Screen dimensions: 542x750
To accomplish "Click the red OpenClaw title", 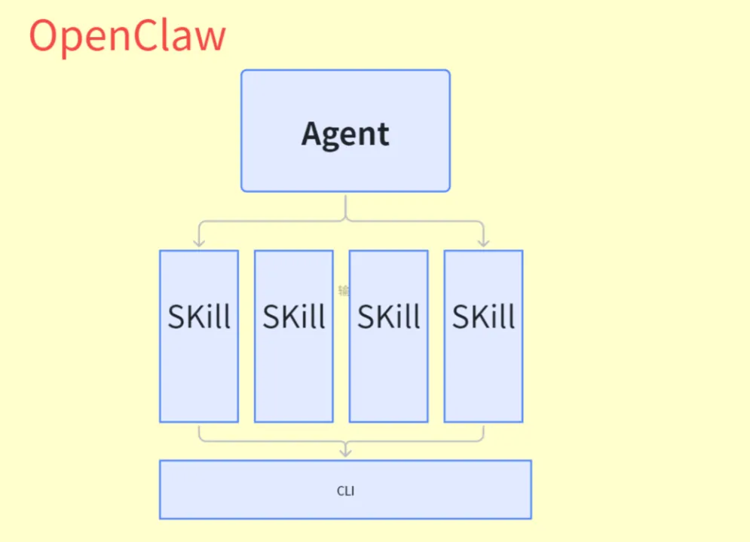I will tap(127, 36).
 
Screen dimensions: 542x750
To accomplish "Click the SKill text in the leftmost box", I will tap(199, 317).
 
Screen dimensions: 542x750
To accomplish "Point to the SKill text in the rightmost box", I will tap(483, 317).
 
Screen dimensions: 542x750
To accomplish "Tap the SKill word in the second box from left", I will tap(294, 317).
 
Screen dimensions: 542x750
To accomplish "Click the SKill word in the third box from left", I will tap(389, 317).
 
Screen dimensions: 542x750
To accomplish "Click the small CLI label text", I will tap(345, 491).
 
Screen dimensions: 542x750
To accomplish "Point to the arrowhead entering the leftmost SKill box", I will tap(199, 242).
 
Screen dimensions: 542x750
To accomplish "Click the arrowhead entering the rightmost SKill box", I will tap(483, 242).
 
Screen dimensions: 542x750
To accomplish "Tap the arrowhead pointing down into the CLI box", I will tap(345, 452).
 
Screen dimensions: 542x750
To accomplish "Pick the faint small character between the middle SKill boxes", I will tap(344, 290).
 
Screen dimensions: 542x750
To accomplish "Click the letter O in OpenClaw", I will tap(44, 36).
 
